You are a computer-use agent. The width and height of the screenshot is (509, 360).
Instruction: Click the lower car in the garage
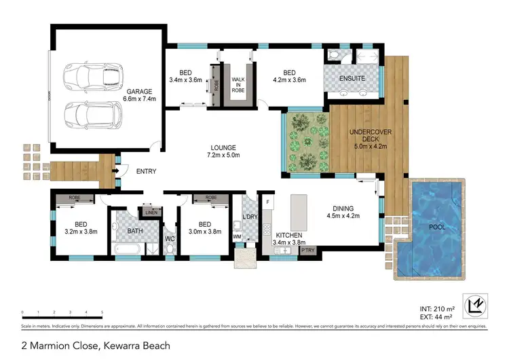92,113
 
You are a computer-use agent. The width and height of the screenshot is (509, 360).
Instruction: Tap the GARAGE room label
140,94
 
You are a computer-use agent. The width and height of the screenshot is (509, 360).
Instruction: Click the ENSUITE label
352,79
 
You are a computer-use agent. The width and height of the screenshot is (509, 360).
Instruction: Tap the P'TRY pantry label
308,251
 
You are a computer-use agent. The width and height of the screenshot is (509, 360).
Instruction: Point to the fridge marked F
268,202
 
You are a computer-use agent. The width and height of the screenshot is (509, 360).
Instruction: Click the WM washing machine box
238,236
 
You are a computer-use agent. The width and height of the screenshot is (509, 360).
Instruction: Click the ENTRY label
146,172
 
